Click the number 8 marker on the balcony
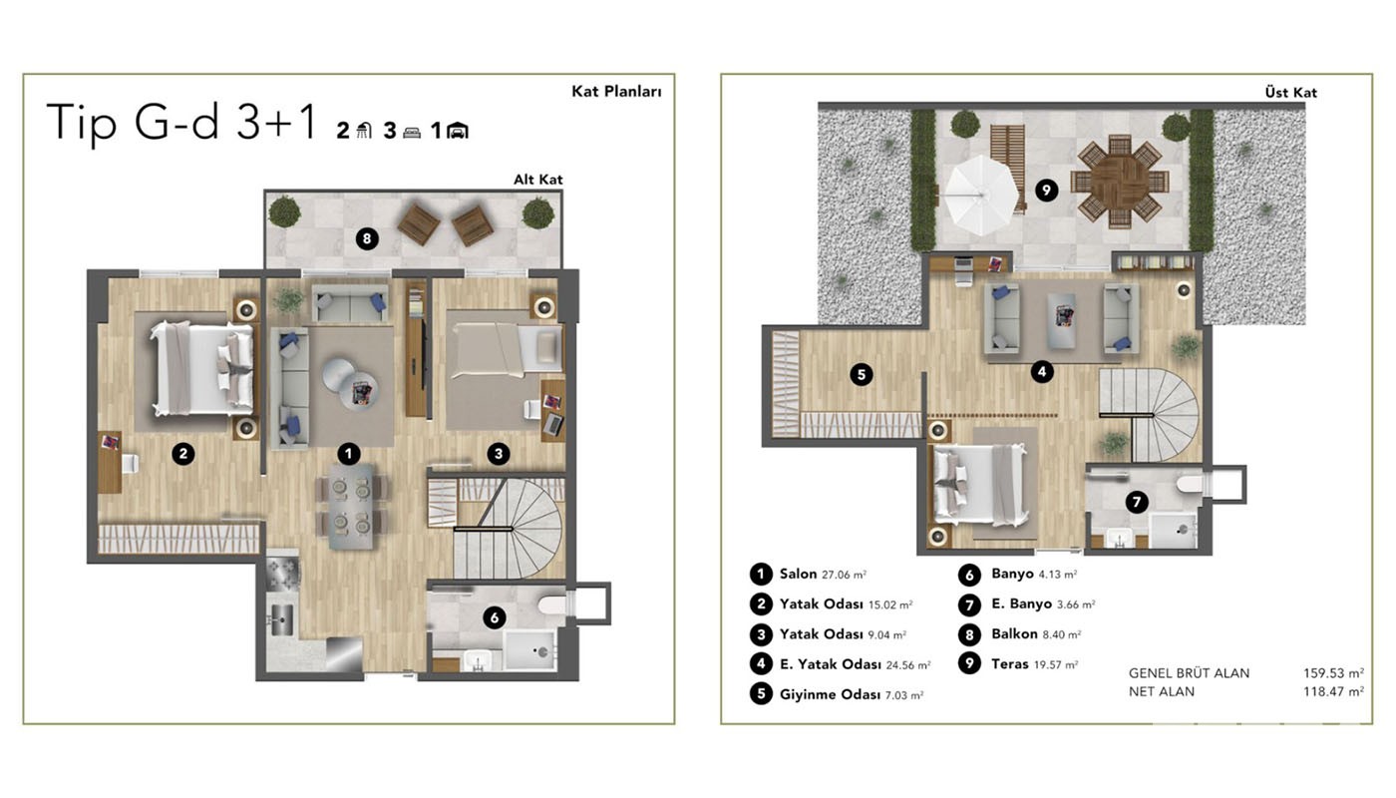click(367, 238)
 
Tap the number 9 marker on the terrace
click(1046, 190)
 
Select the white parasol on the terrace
click(980, 196)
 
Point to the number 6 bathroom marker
click(495, 617)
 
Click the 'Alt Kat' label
click(537, 180)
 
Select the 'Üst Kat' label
click(1290, 92)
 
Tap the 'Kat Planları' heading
click(616, 91)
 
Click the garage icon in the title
click(458, 131)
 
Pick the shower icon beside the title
click(364, 131)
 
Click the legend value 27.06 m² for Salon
click(844, 575)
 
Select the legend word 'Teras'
click(1009, 664)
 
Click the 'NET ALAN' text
click(1162, 691)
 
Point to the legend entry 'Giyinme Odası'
click(830, 694)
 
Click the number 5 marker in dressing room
click(862, 374)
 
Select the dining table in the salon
click(351, 507)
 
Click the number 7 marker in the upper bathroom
click(1137, 502)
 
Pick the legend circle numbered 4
click(761, 664)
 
